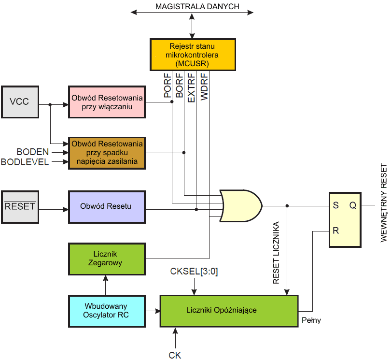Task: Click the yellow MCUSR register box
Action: point(193,55)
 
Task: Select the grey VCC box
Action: point(19,102)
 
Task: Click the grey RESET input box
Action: point(19,206)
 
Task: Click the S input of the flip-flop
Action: point(335,205)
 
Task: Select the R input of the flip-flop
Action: point(335,231)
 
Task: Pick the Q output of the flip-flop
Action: point(353,205)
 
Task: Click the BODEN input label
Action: point(33,152)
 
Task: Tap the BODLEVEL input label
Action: point(25,162)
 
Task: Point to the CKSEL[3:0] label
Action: point(194,272)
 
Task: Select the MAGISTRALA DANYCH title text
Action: point(192,7)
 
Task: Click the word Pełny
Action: point(311,320)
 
